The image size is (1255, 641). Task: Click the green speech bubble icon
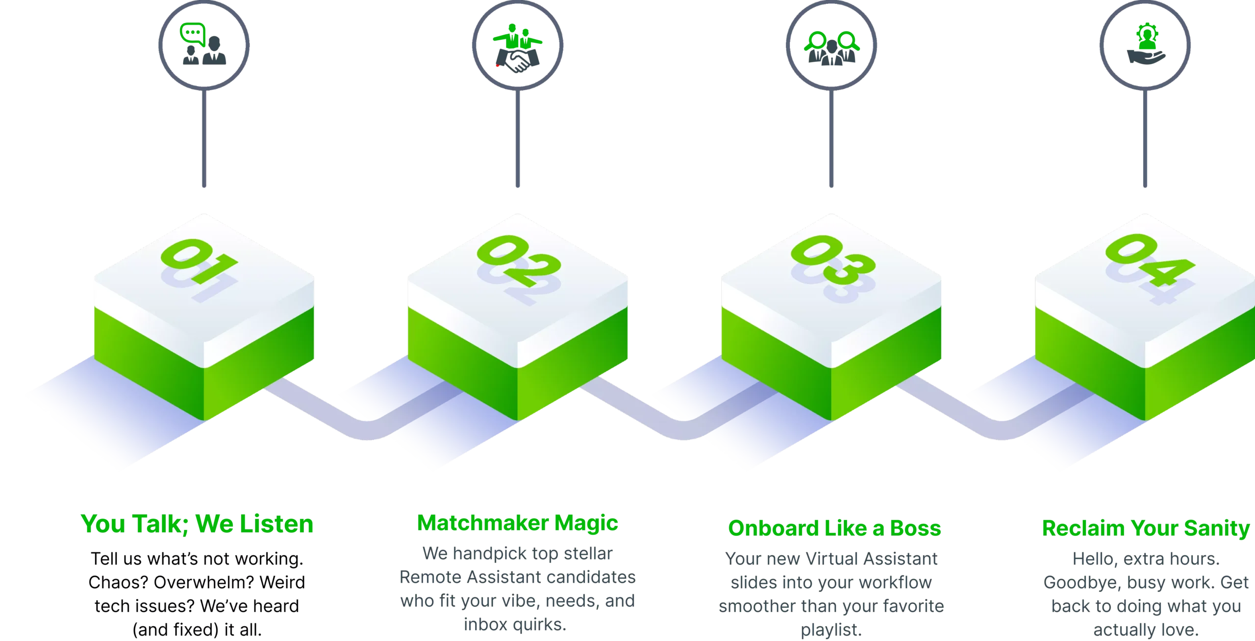(192, 34)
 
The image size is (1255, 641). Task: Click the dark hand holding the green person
(1146, 57)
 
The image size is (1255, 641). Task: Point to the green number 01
(199, 261)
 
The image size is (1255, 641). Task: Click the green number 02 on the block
(519, 261)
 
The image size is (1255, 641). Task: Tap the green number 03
(833, 260)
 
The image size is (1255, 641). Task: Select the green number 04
(1150, 260)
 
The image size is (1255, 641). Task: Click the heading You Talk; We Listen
(197, 523)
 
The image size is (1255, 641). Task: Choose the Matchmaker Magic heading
(518, 523)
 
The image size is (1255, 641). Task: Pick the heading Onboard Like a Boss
(834, 528)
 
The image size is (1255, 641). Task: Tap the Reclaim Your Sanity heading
(1146, 528)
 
